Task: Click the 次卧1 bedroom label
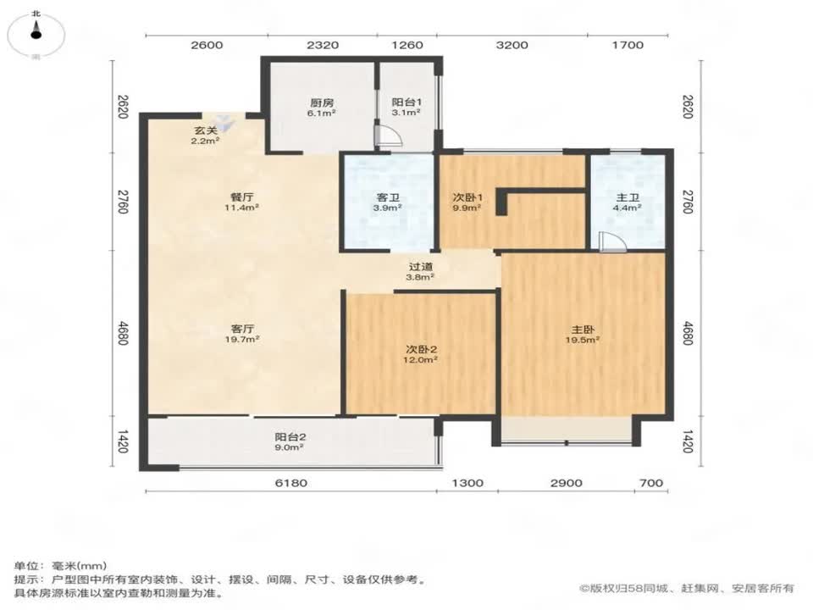tap(466, 200)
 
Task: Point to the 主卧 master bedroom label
tap(583, 333)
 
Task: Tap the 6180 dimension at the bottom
tap(290, 483)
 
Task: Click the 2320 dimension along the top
tap(322, 45)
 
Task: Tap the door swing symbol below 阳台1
tap(384, 138)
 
